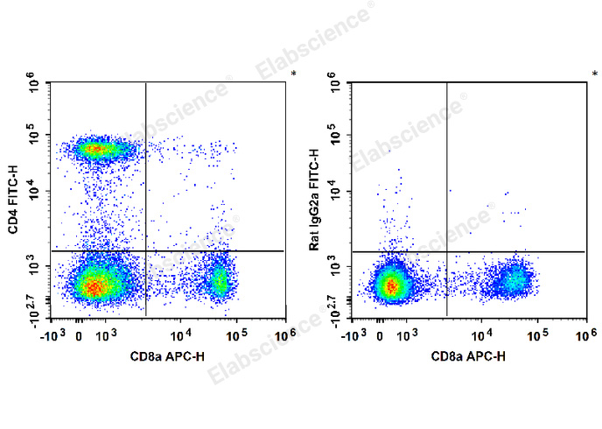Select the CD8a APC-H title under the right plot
(x=468, y=356)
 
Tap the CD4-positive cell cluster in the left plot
(x=97, y=150)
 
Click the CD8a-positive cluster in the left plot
(x=219, y=281)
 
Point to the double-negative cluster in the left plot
(x=94, y=284)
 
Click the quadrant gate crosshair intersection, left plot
(x=145, y=251)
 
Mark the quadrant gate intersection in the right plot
(x=447, y=251)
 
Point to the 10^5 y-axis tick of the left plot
(x=34, y=137)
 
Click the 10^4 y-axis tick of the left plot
(x=34, y=192)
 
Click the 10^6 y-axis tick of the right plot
(x=336, y=86)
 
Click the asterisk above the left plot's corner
(x=293, y=73)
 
